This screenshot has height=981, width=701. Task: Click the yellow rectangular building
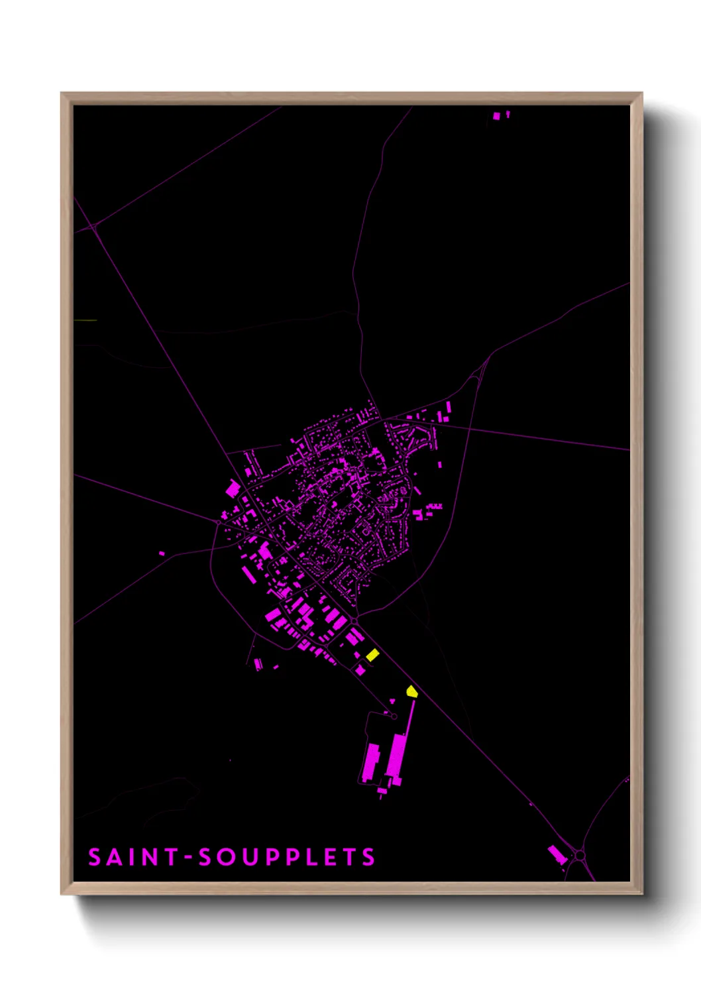pos(372,655)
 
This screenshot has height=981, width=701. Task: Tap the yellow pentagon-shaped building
pos(411,692)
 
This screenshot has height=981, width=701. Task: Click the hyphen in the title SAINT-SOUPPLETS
pos(189,858)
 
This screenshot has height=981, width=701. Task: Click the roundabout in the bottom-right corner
pos(580,856)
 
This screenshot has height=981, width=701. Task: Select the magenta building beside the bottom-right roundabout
pos(557,854)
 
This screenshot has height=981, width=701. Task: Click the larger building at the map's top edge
pos(496,117)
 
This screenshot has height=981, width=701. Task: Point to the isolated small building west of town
pos(162,553)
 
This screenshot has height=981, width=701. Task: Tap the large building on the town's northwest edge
pos(233,490)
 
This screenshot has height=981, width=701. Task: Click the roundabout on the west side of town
pos(218,522)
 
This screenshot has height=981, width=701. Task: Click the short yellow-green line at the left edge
pos(86,321)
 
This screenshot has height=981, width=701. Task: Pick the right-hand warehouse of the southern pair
pos(397,758)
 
